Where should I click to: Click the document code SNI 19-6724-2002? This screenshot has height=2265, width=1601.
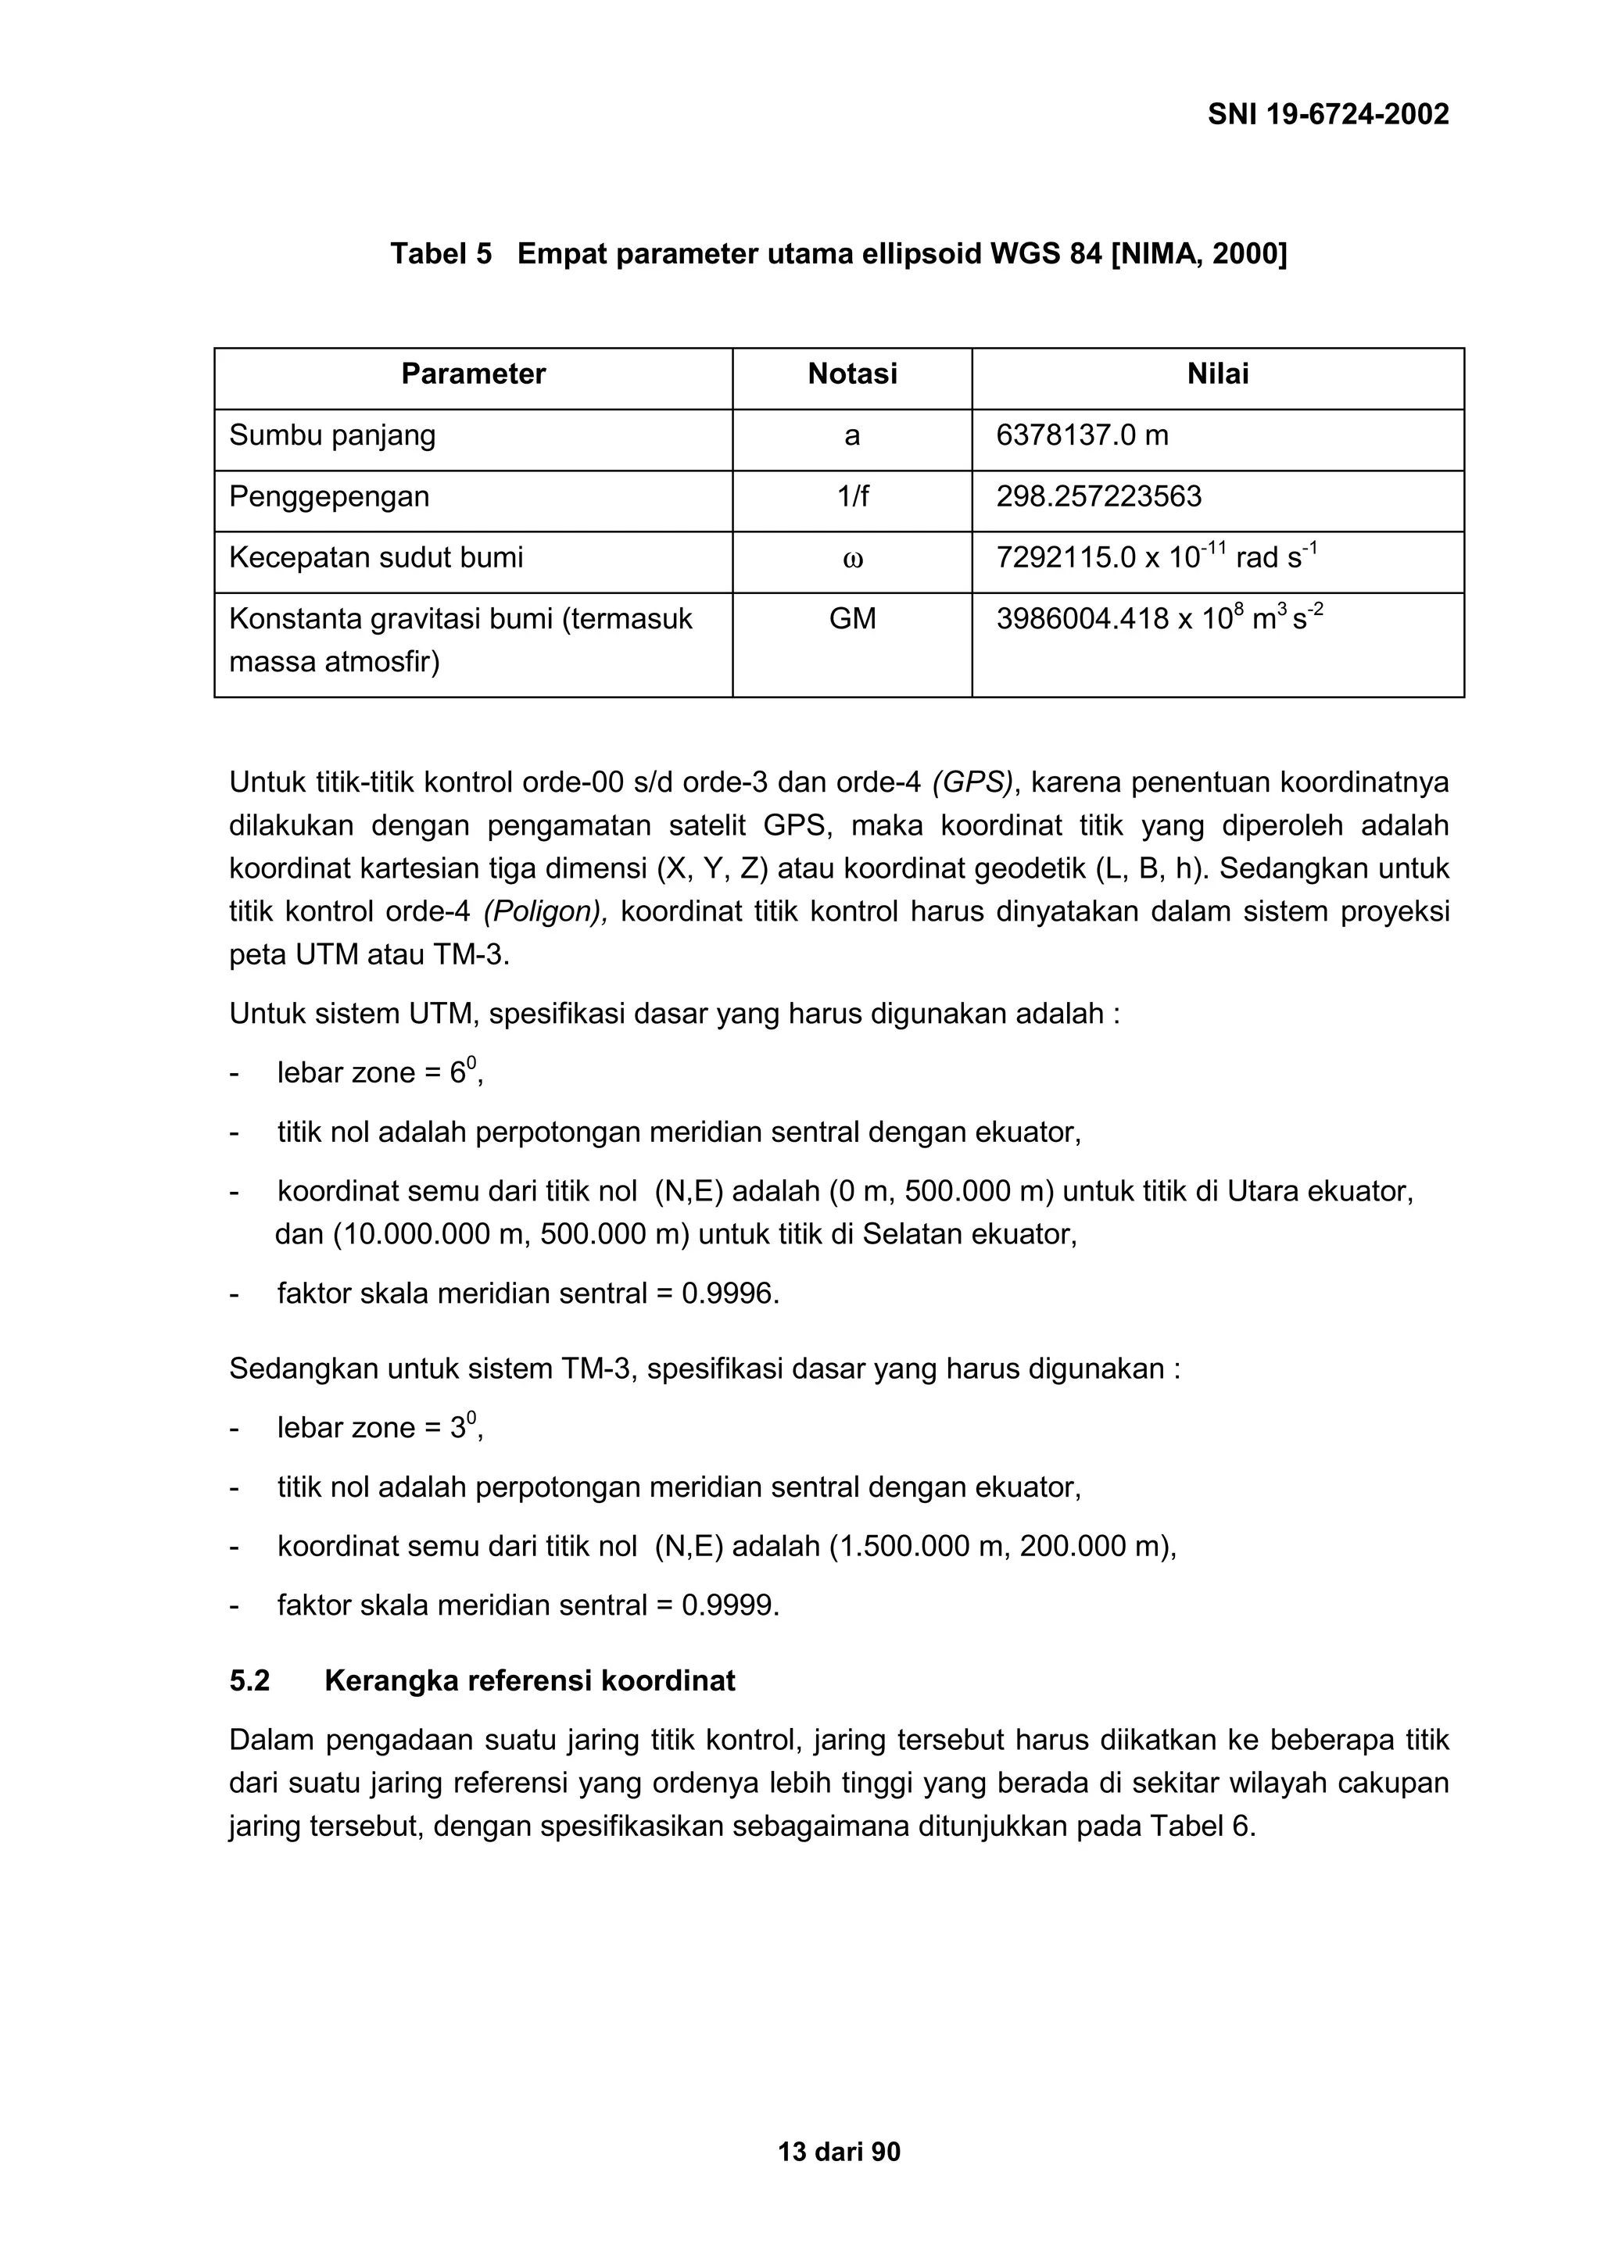[1327, 114]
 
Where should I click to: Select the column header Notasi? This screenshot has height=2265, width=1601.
[852, 374]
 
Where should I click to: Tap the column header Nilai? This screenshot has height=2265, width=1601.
[1217, 374]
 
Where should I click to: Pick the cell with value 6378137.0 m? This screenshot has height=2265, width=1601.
[1082, 435]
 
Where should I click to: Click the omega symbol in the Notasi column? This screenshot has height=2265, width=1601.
[852, 560]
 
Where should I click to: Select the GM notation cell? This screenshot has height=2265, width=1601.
[852, 618]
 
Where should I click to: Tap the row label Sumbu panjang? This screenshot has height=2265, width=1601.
[332, 435]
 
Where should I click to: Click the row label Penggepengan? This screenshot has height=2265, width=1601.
[329, 496]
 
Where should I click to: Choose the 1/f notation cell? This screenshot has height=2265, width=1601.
[852, 496]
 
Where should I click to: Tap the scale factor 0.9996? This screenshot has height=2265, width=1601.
[728, 1294]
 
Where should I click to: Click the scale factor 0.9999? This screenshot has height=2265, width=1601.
[728, 1605]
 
